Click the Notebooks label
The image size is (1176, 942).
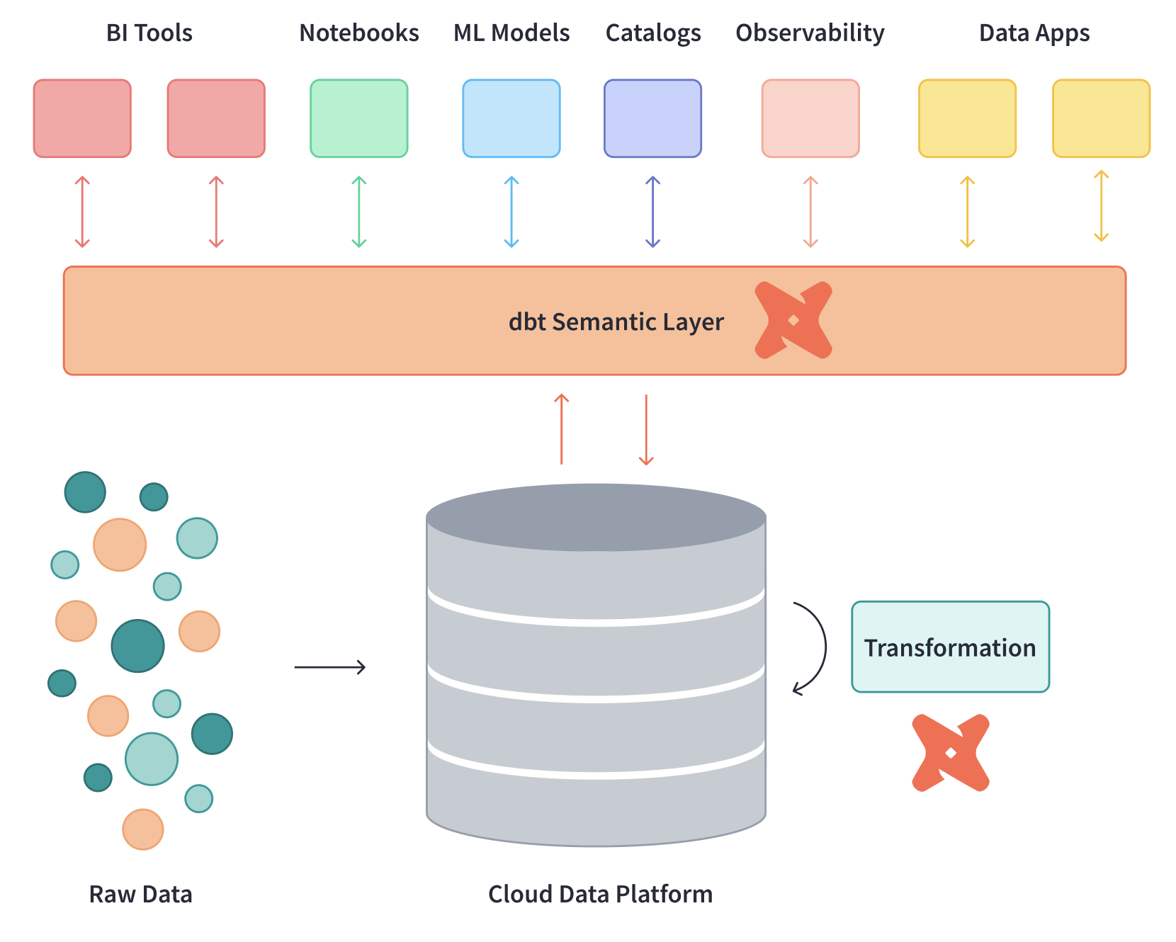tap(358, 33)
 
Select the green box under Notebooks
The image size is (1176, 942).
tap(358, 118)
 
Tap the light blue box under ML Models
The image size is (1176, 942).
tap(511, 118)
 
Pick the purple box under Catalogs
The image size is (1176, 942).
tap(652, 118)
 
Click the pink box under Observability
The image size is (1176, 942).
tap(810, 118)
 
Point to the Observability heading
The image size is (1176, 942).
tap(810, 33)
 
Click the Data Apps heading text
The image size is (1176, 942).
tap(1034, 33)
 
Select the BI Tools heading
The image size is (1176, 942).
tap(149, 33)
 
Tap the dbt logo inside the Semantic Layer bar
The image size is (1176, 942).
tap(793, 320)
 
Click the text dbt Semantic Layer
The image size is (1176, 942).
tap(616, 322)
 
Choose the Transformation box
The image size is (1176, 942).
tap(949, 647)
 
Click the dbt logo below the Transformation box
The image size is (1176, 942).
tap(950, 752)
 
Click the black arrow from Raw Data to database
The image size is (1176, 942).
tap(329, 666)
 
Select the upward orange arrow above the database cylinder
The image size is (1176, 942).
tap(561, 429)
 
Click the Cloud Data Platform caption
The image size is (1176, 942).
tap(600, 894)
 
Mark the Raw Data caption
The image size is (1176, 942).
tap(140, 894)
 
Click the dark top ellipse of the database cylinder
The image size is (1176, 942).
tap(596, 517)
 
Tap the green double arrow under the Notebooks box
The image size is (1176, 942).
tap(358, 212)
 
